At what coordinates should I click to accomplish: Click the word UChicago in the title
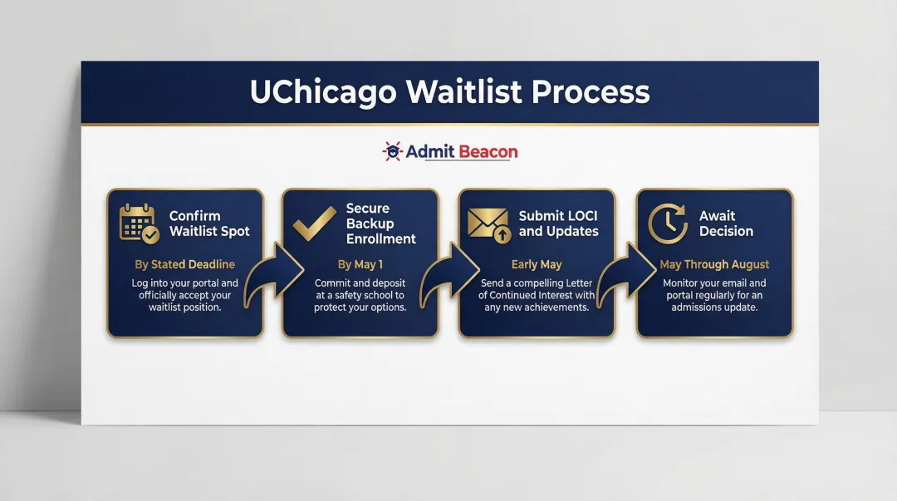(x=323, y=92)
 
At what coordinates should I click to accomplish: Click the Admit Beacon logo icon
(x=391, y=151)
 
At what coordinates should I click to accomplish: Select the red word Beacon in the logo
(x=488, y=151)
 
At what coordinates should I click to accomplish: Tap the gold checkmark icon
(x=314, y=223)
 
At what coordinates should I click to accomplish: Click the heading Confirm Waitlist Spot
(x=209, y=223)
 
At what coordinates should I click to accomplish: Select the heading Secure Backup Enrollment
(x=380, y=223)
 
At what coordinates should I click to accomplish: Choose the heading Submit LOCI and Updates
(x=558, y=223)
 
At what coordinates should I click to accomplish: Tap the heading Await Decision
(x=726, y=223)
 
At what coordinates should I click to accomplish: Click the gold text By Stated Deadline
(x=185, y=265)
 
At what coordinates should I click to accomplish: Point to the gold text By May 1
(x=360, y=265)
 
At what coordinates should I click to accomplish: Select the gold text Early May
(x=537, y=265)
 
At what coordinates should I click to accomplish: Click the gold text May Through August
(x=714, y=265)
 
